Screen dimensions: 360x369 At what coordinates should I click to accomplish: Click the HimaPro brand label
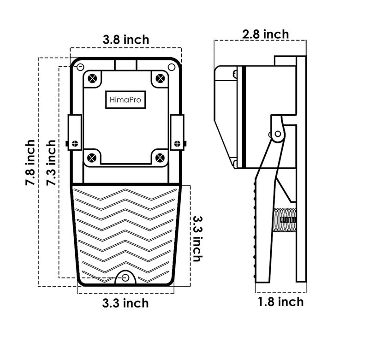pos(125,99)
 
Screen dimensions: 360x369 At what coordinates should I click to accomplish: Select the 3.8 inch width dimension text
pos(126,40)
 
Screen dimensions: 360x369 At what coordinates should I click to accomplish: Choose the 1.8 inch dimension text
pos(280,302)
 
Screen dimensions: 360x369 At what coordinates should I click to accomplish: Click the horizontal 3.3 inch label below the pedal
pos(125,303)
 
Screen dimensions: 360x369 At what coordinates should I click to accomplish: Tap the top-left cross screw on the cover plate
pos(93,78)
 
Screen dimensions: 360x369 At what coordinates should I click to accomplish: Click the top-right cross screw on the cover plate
pos(159,78)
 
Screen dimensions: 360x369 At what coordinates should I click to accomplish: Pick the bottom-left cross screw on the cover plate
pos(92,157)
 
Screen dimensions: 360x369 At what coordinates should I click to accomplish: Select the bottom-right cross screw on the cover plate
pos(159,157)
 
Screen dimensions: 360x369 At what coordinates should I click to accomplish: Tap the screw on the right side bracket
pos(177,143)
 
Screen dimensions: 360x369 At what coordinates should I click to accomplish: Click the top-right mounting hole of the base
pos(172,67)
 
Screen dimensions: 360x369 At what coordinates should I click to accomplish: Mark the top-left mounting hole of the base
pos(80,67)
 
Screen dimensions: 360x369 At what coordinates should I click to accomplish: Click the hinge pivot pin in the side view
pos(277,134)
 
